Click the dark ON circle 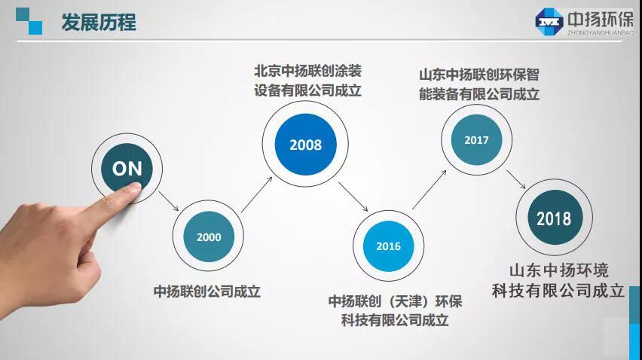coord(127,168)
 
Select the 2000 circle coord(209,236)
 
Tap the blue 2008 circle coord(305,145)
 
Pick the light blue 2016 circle coord(388,246)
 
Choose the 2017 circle coord(476,140)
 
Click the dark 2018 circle coord(555,218)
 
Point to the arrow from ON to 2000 coord(169,201)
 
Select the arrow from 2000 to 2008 coord(257,195)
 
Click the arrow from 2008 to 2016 coord(353,197)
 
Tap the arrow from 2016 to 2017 coord(429,190)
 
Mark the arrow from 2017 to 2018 coord(516,179)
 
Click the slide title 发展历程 coord(99,22)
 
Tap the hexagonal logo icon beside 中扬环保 coord(549,22)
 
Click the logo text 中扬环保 coord(601,19)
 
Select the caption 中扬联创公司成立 coord(206,291)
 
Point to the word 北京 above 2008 coord(267,71)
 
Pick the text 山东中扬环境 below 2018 coord(559,270)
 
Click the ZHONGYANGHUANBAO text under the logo coord(601,32)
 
